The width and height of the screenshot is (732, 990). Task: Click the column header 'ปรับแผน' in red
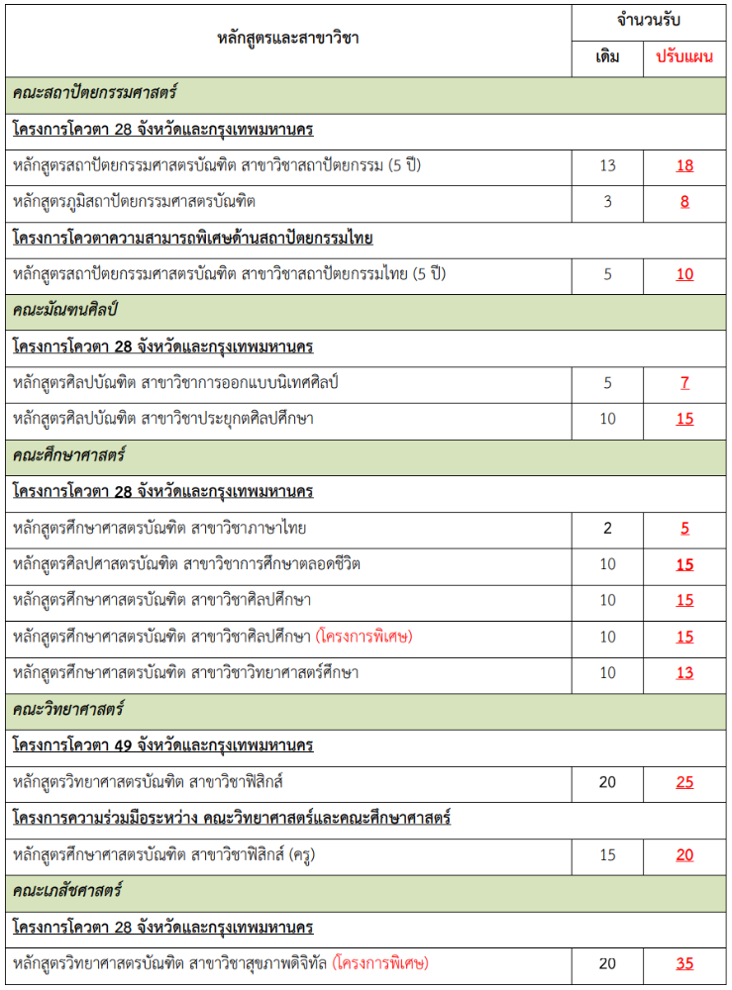click(x=684, y=56)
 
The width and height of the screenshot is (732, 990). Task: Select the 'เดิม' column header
click(x=608, y=56)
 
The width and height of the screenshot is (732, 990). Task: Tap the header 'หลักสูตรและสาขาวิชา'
click(x=288, y=39)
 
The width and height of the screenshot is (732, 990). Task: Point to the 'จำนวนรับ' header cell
click(x=646, y=20)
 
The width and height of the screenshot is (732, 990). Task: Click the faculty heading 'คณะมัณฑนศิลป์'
click(x=65, y=310)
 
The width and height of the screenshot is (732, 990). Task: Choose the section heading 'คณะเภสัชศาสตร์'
click(x=67, y=890)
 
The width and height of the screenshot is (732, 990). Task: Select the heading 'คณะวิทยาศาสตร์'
click(x=67, y=709)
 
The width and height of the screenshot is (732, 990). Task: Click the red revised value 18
click(x=684, y=165)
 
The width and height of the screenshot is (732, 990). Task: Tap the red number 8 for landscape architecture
click(x=684, y=202)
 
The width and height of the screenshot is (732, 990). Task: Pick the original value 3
click(x=608, y=202)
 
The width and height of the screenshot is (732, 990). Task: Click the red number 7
click(x=684, y=383)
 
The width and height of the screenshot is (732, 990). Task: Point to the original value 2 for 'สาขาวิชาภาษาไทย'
click(x=608, y=528)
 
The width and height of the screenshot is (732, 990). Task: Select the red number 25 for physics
click(x=684, y=782)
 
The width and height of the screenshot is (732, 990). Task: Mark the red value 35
click(x=684, y=963)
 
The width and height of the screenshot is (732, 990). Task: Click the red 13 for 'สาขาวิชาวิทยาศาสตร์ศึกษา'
click(x=684, y=673)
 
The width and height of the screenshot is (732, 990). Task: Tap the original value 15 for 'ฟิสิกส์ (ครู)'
click(x=608, y=854)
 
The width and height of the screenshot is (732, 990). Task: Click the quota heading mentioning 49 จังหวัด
click(x=163, y=745)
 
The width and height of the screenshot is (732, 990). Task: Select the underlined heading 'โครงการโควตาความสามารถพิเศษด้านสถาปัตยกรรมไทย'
click(x=193, y=238)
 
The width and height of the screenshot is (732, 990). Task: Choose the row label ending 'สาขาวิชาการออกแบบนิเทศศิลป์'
click(x=176, y=383)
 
